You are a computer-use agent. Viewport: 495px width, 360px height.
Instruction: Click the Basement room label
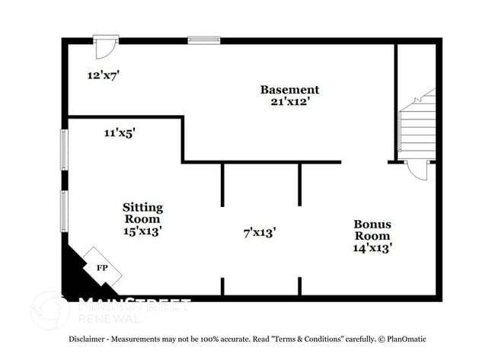pyautogui.click(x=289, y=89)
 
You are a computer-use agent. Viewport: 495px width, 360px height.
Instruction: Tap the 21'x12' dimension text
pyautogui.click(x=289, y=100)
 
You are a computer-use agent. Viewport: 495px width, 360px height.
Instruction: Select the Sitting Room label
pyautogui.click(x=143, y=213)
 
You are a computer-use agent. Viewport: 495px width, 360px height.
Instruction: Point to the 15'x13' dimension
pyautogui.click(x=143, y=231)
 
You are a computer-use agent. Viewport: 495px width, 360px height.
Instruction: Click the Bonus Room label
pyautogui.click(x=372, y=230)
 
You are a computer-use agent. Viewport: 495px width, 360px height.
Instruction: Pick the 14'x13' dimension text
pyautogui.click(x=372, y=247)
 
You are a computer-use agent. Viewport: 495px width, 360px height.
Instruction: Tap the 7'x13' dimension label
pyautogui.click(x=259, y=232)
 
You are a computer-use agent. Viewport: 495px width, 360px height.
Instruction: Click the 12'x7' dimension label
pyautogui.click(x=104, y=75)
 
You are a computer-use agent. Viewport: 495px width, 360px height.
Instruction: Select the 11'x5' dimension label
pyautogui.click(x=120, y=132)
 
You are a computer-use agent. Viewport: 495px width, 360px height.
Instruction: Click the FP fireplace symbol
pyautogui.click(x=101, y=267)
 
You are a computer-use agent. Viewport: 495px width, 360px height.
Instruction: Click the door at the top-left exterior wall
pyautogui.click(x=105, y=46)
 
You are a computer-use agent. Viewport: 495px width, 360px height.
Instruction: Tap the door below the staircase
pyautogui.click(x=417, y=168)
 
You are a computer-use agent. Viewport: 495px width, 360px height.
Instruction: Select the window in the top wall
pyautogui.click(x=203, y=40)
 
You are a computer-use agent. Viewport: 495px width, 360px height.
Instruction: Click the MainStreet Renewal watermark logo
pyautogui.click(x=114, y=308)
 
